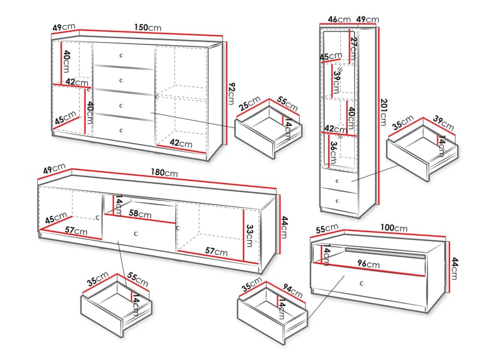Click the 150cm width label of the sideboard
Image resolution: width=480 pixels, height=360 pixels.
(x=147, y=28)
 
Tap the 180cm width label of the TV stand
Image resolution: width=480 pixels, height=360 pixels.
(x=163, y=173)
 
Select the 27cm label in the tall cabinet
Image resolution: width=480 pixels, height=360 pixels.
(x=353, y=44)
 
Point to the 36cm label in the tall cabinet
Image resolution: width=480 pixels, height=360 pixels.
(x=333, y=149)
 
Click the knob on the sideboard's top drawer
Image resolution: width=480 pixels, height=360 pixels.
(x=121, y=55)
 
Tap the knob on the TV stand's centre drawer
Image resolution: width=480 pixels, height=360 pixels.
(x=137, y=233)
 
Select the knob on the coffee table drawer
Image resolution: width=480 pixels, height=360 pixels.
(x=361, y=283)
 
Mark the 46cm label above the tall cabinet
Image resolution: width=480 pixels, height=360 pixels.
(x=339, y=19)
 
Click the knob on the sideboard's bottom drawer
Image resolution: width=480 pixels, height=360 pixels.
(x=121, y=129)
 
